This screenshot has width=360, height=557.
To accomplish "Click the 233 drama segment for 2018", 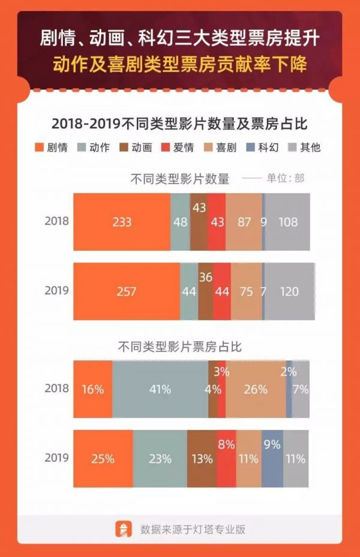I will click(122, 222).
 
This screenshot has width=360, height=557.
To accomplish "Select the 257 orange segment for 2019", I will click(127, 291).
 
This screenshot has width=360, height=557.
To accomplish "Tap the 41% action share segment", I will click(160, 389).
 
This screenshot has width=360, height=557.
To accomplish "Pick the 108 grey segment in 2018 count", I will click(287, 222).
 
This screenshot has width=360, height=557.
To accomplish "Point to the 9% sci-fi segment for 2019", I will click(272, 459).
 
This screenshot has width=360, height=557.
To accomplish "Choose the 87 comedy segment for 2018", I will click(244, 222).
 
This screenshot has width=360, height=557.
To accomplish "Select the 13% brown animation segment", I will click(202, 459).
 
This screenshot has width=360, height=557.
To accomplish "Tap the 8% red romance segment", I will click(226, 459).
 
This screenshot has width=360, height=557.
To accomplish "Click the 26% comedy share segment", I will click(256, 389).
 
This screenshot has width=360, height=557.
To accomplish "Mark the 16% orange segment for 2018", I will click(93, 389).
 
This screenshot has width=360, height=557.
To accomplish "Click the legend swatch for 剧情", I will click(41, 147).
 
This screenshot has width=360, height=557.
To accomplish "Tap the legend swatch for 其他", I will click(294, 147).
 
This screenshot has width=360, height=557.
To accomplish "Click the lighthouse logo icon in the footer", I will click(124, 529).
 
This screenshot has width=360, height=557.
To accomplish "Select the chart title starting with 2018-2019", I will click(179, 124).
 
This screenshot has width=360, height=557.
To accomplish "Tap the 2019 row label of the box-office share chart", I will click(56, 459).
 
